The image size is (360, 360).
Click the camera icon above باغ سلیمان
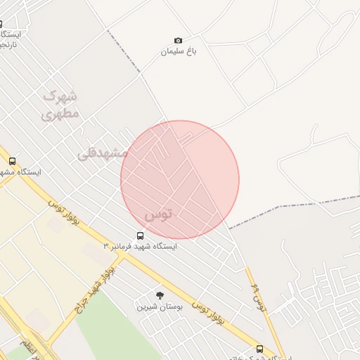[x=178, y=41]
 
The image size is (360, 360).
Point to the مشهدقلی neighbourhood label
[x=102, y=152]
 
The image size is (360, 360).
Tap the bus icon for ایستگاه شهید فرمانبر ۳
[x=140, y=236]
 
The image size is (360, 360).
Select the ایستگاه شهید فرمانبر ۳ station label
[x=145, y=247]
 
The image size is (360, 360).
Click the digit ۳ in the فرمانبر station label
[x=106, y=247]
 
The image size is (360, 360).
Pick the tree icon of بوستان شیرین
[x=160, y=295]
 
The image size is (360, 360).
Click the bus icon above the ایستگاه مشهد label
[x=12, y=162]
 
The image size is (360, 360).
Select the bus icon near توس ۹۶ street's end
[x=260, y=349]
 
